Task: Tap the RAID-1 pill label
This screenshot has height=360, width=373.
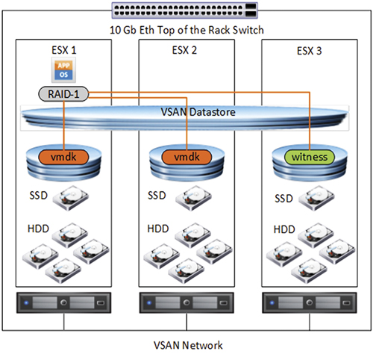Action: pyautogui.click(x=63, y=94)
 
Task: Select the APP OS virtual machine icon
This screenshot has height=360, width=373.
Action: pyautogui.click(x=63, y=70)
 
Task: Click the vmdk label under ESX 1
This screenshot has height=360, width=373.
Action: pyautogui.click(x=63, y=157)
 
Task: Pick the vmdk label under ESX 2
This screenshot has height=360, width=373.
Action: pyautogui.click(x=186, y=157)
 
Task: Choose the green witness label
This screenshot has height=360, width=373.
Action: pyautogui.click(x=310, y=157)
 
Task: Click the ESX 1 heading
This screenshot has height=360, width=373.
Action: pyautogui.click(x=64, y=50)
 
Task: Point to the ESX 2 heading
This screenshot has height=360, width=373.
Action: pyautogui.click(x=184, y=50)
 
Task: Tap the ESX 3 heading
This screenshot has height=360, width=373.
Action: pyautogui.click(x=310, y=51)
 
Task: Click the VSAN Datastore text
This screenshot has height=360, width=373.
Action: pyautogui.click(x=198, y=112)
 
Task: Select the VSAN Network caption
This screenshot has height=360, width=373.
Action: pyautogui.click(x=188, y=345)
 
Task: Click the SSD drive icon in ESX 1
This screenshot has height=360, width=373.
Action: pyautogui.click(x=71, y=198)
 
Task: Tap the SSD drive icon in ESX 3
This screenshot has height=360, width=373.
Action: pyautogui.click(x=316, y=199)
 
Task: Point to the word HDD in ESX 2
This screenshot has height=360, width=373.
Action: pyautogui.click(x=158, y=229)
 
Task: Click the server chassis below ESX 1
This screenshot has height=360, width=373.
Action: pyautogui.click(x=63, y=302)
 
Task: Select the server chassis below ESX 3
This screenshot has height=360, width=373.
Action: pyautogui.click(x=310, y=302)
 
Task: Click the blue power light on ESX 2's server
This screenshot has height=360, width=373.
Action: pyautogui.click(x=149, y=303)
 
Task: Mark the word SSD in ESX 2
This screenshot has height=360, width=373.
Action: pyautogui.click(x=157, y=196)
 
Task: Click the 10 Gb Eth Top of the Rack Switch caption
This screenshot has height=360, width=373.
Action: pyautogui.click(x=186, y=30)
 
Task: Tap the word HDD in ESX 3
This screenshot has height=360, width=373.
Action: pyautogui.click(x=284, y=229)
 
